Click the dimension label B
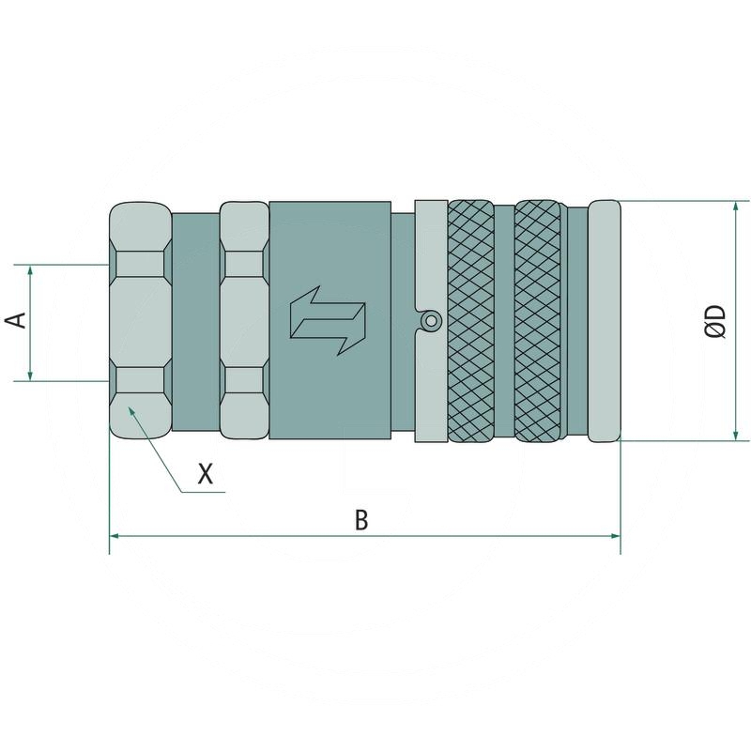coord(361,520)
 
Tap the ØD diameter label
coord(716,321)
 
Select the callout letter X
coord(206,474)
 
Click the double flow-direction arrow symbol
coord(328,321)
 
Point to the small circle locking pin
coord(431,320)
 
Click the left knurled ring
coord(471,320)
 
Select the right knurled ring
coord(537,320)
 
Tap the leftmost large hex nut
coord(140,320)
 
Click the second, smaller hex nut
coord(244,320)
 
